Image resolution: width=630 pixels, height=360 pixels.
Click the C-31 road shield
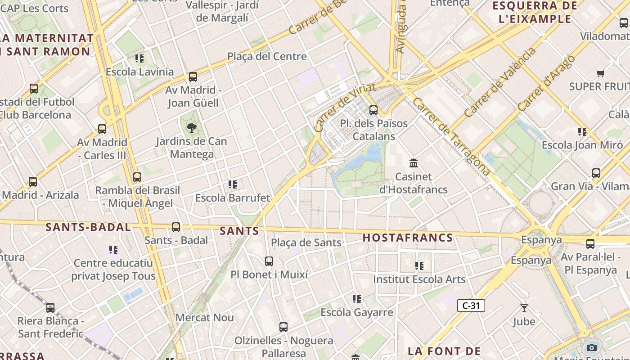click(x=471, y=306)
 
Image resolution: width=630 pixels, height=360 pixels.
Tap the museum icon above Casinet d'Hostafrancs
click(x=414, y=163)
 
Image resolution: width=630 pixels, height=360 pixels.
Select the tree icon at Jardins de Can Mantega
click(x=192, y=128)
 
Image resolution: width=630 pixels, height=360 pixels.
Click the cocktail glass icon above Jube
click(x=524, y=308)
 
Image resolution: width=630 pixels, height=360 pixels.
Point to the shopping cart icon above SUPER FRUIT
click(x=600, y=73)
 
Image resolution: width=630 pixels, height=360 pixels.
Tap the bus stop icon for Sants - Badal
click(x=176, y=227)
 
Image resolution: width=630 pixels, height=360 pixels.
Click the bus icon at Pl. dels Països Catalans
click(x=373, y=110)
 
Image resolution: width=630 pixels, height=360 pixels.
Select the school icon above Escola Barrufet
click(x=233, y=184)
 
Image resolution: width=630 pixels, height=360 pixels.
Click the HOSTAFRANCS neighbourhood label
click(x=408, y=238)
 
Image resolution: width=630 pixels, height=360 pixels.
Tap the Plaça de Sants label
click(x=306, y=243)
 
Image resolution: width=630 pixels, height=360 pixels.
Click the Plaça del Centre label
click(x=267, y=56)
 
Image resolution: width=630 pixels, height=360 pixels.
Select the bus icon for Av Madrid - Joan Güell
click(x=193, y=77)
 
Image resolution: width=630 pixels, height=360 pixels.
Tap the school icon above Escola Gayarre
click(x=357, y=299)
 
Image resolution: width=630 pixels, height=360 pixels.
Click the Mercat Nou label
click(x=205, y=317)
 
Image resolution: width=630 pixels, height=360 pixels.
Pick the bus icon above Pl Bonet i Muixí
click(x=269, y=261)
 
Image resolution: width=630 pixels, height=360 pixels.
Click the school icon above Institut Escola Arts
click(x=419, y=266)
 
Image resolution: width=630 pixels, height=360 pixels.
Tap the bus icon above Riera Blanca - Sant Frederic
click(x=50, y=308)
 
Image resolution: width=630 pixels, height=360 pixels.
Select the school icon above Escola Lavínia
click(x=139, y=58)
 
